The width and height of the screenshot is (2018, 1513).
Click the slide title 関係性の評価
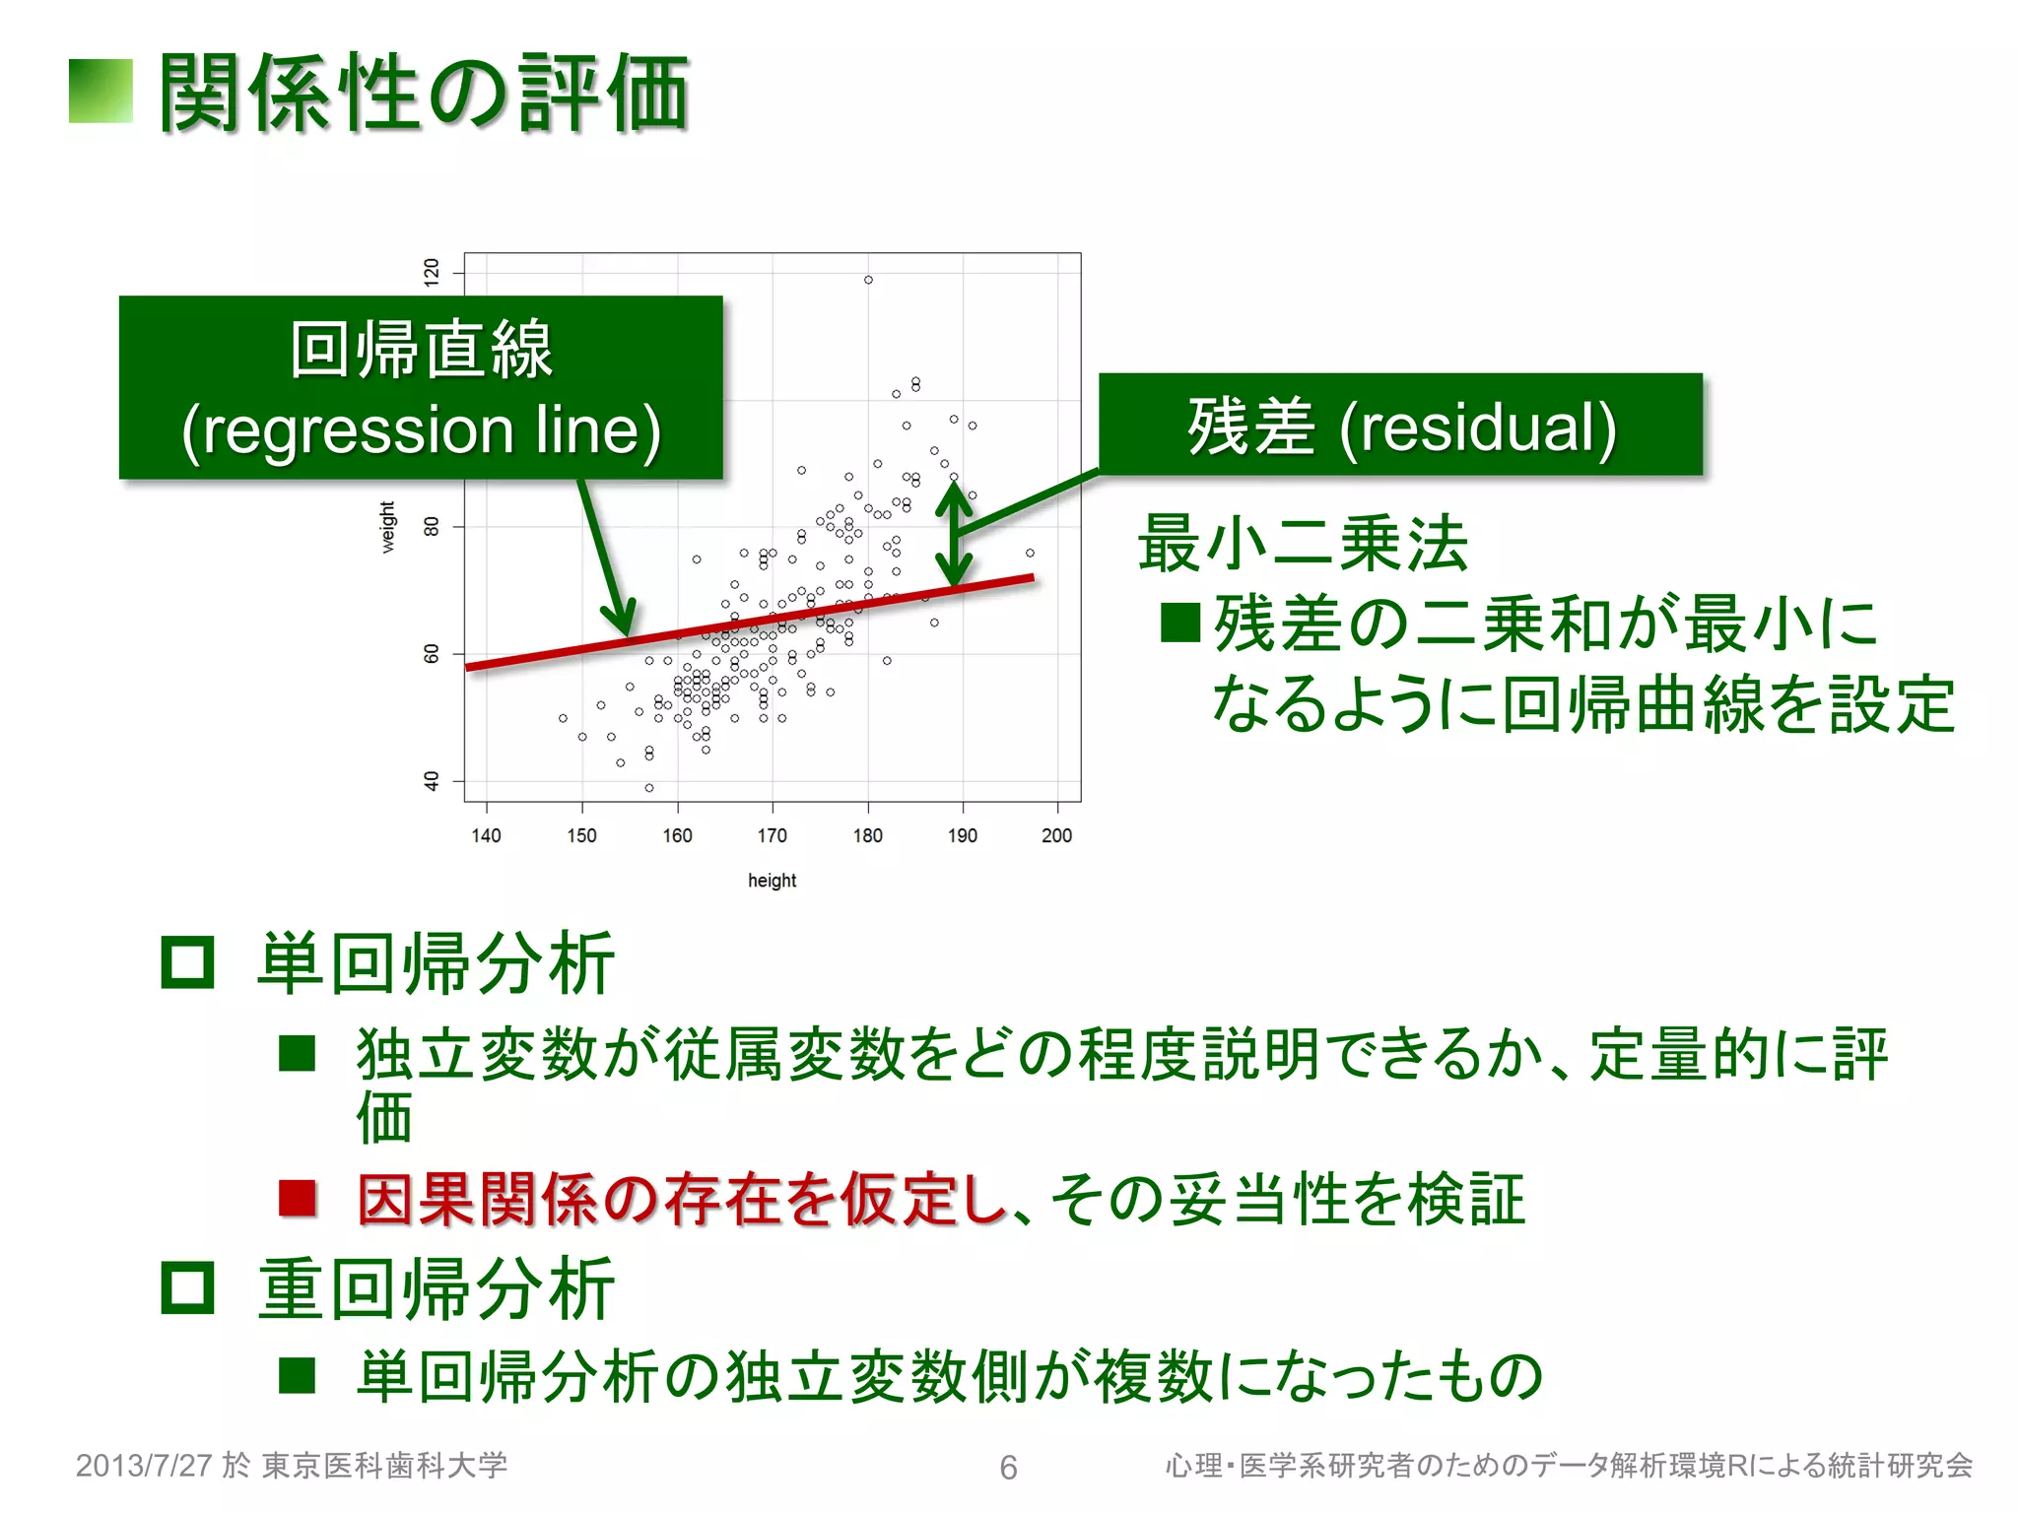point(424,93)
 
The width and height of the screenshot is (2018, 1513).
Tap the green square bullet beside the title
point(101,92)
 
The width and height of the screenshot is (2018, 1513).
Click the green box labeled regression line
point(421,387)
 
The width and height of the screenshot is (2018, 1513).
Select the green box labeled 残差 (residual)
point(1400,425)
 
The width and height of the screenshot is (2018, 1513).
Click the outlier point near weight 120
point(868,280)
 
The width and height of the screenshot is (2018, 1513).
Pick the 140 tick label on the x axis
point(486,835)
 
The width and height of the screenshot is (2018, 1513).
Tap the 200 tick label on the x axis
point(1056,835)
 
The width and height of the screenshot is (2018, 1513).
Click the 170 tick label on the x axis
point(772,835)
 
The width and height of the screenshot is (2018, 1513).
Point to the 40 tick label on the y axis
point(432,781)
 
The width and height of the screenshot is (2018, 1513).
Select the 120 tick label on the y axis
point(432,272)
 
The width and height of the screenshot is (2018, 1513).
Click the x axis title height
point(772,881)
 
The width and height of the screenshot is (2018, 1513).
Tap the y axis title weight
point(388,527)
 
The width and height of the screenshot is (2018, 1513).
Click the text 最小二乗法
point(1303,543)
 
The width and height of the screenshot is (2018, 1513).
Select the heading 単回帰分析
point(437,963)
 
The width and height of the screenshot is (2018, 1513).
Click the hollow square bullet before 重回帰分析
point(187,1286)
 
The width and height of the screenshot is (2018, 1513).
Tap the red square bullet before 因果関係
point(297,1199)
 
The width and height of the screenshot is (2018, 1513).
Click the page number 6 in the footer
point(1008,1468)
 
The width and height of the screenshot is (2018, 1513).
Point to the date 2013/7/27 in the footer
point(144,1466)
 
